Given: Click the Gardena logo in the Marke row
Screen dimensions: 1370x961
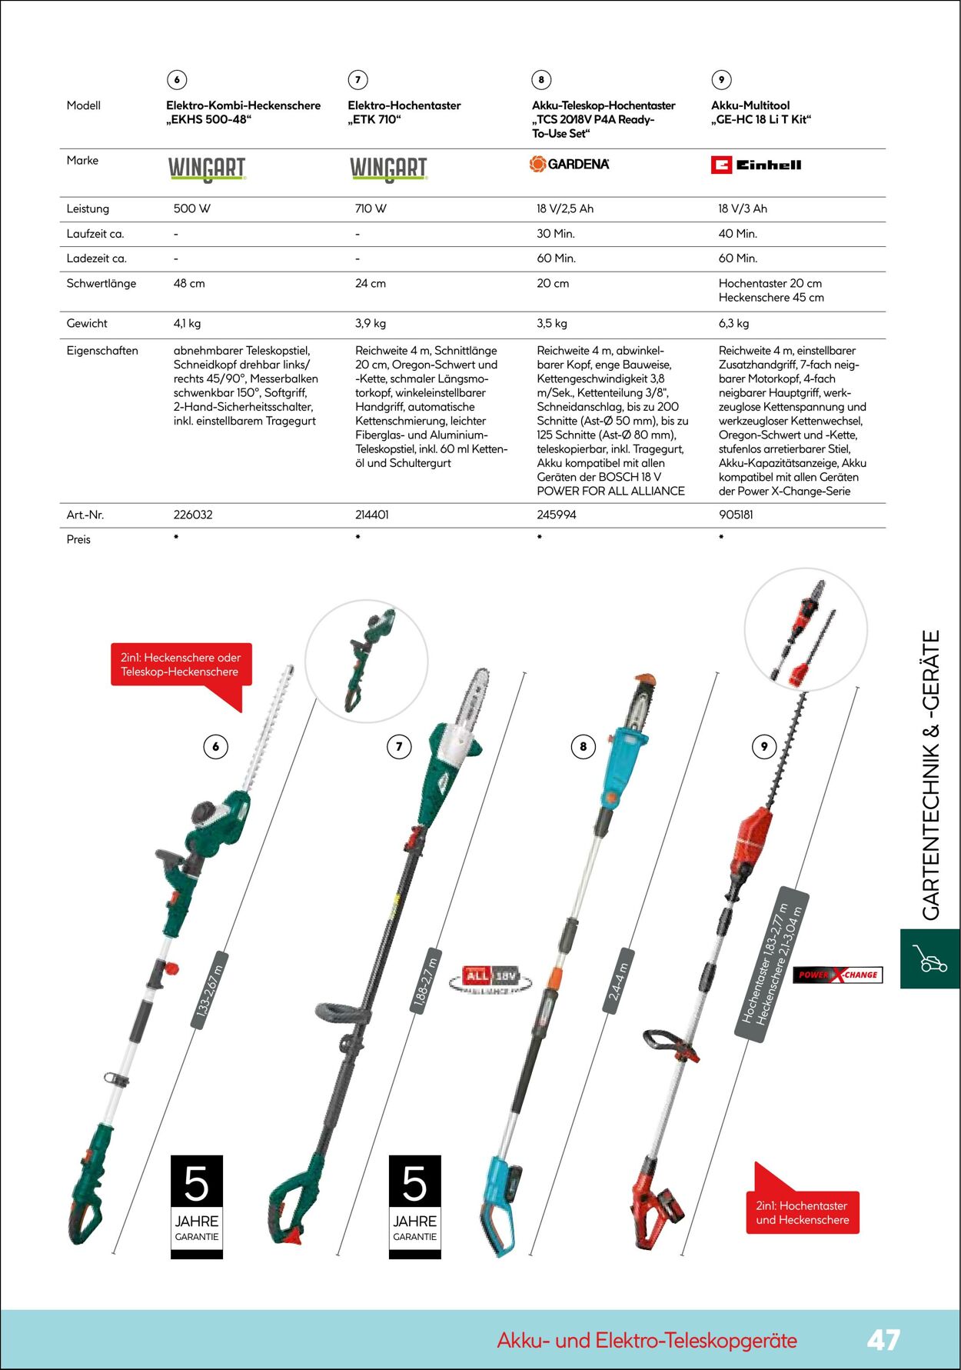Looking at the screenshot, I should point(569,164).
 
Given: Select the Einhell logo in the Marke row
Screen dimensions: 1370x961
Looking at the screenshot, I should point(756,165).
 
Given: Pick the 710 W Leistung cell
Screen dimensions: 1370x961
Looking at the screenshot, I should point(371,208).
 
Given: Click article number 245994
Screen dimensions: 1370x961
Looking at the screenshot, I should point(556,515).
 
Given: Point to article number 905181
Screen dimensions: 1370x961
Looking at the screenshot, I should point(736,515).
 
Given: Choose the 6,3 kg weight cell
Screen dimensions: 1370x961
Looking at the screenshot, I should point(733,323).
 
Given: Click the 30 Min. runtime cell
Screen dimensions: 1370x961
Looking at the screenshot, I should point(555,234).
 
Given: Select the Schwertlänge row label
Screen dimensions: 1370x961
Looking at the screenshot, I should point(101,283).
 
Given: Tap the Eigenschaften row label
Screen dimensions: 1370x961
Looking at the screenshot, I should point(102,351).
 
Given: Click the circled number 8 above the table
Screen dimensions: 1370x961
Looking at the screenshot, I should point(541,79).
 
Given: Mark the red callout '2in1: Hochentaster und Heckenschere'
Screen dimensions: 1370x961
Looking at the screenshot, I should point(803,1212).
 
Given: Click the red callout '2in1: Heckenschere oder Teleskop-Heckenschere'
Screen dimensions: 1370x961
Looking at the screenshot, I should point(181,665).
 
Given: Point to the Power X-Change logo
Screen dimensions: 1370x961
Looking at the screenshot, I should point(837,975).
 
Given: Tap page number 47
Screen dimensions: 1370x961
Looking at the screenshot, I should point(883,1340).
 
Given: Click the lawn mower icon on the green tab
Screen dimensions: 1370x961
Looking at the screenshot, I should point(929,958).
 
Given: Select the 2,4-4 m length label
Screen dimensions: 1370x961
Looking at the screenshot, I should point(619,982).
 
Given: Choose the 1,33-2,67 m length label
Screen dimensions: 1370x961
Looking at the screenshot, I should point(209,992).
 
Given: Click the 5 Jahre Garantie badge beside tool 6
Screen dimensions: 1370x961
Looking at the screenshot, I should point(197,1206).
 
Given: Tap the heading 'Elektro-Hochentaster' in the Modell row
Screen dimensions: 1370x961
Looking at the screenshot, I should point(404,105).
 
